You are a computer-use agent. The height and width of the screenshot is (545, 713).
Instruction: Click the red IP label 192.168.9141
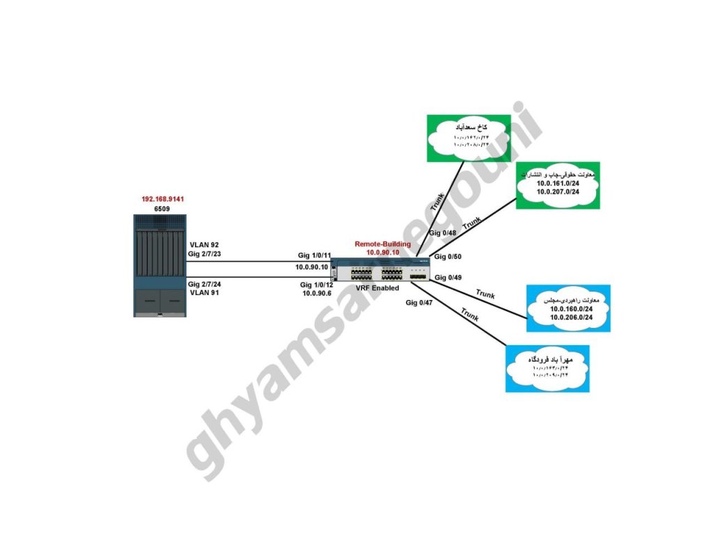(x=162, y=198)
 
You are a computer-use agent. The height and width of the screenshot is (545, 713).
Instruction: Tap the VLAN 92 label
(x=204, y=245)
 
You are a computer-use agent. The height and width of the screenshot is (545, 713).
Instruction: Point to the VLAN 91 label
(x=204, y=293)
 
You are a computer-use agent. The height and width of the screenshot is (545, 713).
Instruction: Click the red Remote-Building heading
(x=383, y=244)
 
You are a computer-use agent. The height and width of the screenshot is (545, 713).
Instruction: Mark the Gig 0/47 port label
(x=419, y=303)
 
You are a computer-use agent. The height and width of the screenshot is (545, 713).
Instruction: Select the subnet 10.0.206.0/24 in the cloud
(x=567, y=317)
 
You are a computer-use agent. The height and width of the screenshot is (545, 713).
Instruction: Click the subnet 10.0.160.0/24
(x=567, y=308)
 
